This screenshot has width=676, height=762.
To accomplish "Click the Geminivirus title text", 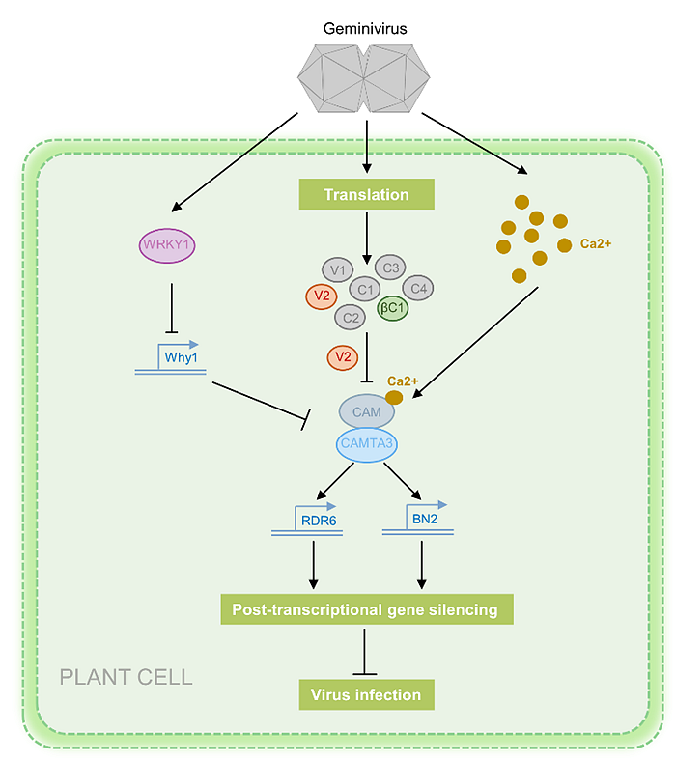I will pos(366,29).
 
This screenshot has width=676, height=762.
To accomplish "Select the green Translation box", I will pos(366,194).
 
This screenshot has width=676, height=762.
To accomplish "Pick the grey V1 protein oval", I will pos(338,269).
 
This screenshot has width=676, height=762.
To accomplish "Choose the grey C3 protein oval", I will pos(391,268).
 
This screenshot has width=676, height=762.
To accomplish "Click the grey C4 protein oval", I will pos(418,287).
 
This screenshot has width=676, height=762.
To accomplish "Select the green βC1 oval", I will pos(392,309).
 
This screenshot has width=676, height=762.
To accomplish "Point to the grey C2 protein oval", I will pos(352,316).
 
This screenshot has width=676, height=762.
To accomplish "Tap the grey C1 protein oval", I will pos(366,289).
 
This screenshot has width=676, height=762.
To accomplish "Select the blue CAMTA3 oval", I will pos(366,444).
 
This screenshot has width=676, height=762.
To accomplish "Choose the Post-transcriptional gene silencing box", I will pos(366,609).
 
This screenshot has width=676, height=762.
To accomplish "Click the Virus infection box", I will pos(366,693).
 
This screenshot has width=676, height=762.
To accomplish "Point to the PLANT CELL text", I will pos(126,676).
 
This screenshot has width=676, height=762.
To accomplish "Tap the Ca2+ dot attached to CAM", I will pos(394,397).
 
